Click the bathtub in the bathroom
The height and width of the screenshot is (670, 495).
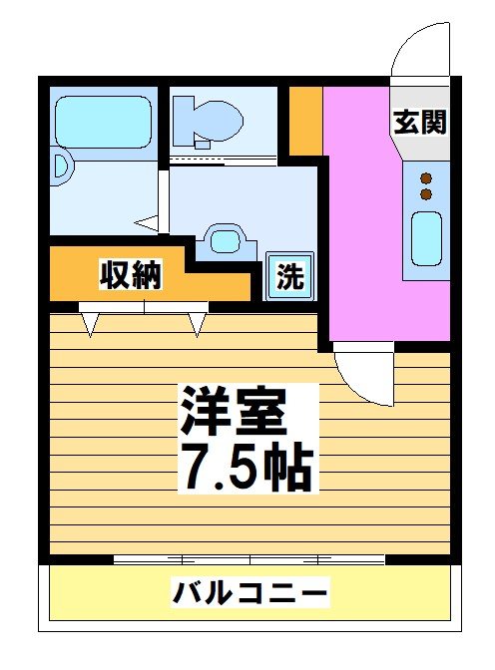(102, 122)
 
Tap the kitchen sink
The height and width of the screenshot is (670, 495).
(426, 238)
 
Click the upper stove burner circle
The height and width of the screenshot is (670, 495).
(426, 174)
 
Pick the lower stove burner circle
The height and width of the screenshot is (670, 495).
(426, 192)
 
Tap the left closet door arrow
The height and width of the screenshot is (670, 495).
(91, 322)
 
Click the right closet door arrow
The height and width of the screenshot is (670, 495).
(197, 322)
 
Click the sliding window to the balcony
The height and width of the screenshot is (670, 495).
(249, 559)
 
